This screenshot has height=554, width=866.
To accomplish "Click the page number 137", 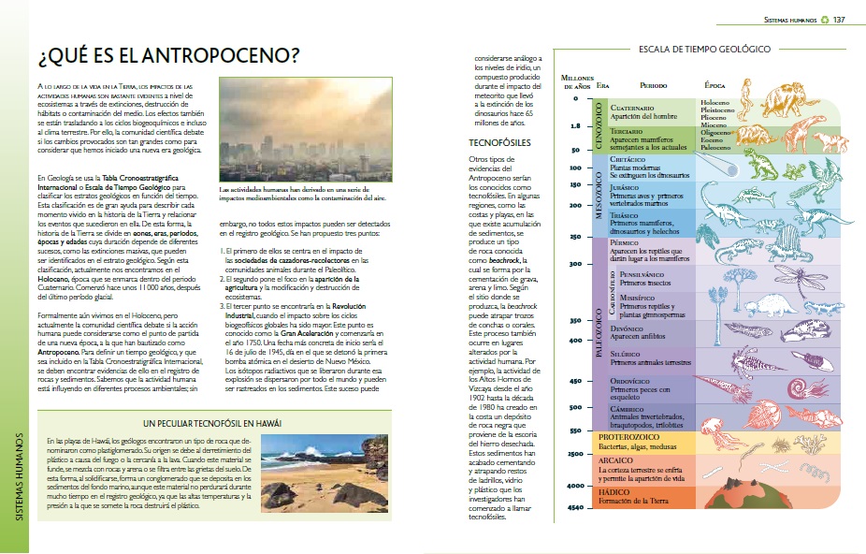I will click(839, 20).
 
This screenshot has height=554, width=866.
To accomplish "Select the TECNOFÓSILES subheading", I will click(500, 143).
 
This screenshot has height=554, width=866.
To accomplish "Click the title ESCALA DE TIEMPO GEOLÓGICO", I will click(703, 48).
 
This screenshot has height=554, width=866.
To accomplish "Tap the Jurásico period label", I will click(626, 187).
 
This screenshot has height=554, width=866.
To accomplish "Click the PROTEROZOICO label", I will click(630, 436).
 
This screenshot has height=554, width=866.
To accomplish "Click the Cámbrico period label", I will click(627, 408).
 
